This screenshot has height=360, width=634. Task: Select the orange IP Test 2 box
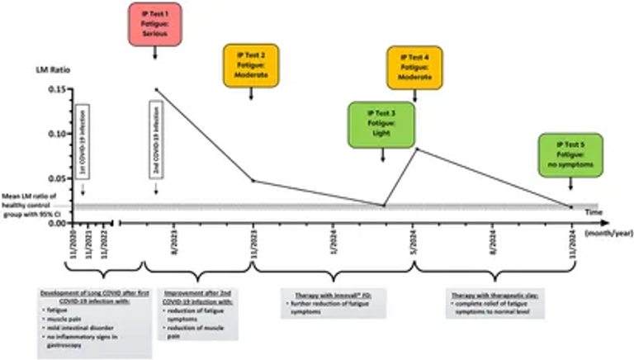(x=251, y=65)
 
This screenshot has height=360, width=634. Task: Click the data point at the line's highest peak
(x=155, y=89)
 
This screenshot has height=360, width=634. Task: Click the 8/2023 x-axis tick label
(x=173, y=245)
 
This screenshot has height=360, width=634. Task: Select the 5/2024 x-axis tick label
(x=413, y=245)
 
